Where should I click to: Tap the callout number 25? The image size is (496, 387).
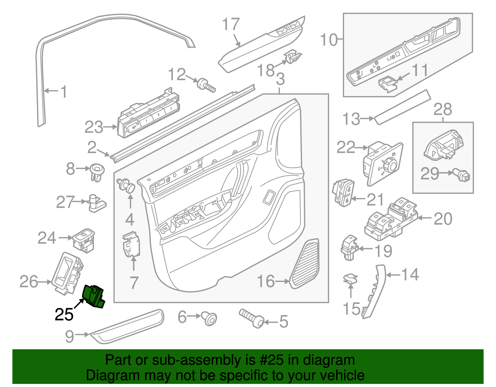(x=64, y=314)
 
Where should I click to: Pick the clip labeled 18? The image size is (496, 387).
(x=292, y=57)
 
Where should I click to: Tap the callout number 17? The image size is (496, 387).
(x=231, y=24)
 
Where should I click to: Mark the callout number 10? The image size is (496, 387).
(x=328, y=40)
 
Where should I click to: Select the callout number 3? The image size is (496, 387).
(x=280, y=79)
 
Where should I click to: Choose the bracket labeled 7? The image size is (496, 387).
(x=132, y=246)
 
